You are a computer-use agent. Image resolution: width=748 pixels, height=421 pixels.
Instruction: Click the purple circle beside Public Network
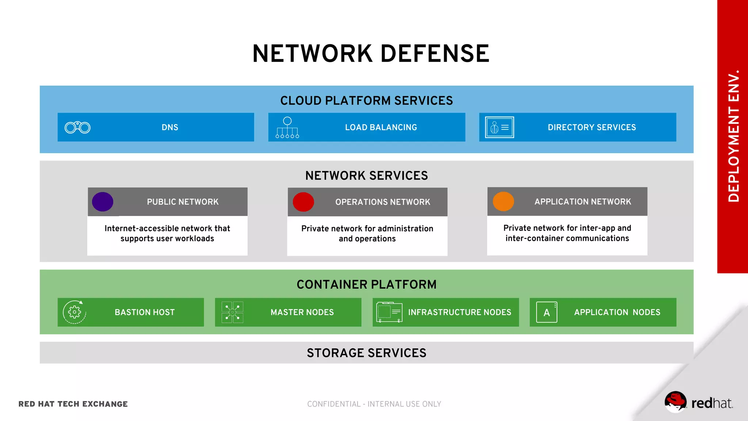pyautogui.click(x=103, y=202)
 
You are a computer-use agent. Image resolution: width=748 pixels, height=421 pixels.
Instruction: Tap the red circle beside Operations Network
pyautogui.click(x=303, y=202)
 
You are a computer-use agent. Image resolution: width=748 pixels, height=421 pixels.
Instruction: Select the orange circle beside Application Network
pyautogui.click(x=503, y=202)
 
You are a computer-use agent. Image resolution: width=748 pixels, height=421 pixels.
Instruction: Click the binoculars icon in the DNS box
pyautogui.click(x=77, y=128)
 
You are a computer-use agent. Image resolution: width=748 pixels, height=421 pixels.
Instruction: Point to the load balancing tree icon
pyautogui.click(x=287, y=128)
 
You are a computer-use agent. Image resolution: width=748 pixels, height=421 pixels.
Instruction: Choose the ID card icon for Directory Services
pyautogui.click(x=499, y=128)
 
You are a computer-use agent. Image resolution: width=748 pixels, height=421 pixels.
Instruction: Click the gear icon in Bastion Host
pyautogui.click(x=75, y=312)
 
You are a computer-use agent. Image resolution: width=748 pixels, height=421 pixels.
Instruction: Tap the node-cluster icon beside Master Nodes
pyautogui.click(x=232, y=312)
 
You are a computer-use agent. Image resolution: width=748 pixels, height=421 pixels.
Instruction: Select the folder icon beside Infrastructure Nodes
pyautogui.click(x=389, y=312)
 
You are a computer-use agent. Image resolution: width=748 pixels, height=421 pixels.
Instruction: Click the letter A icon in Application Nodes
pyautogui.click(x=547, y=312)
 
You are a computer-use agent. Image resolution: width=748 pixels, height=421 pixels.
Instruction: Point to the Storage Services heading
pyautogui.click(x=366, y=353)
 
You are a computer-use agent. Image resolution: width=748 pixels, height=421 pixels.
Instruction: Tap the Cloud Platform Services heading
pyautogui.click(x=366, y=100)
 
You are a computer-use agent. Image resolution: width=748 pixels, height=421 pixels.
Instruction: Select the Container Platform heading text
pyautogui.click(x=366, y=284)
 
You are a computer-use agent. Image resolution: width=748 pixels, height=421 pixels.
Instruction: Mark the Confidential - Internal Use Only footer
pyautogui.click(x=374, y=404)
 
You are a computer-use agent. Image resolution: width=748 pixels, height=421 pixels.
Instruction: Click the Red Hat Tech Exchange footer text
pyautogui.click(x=73, y=404)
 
